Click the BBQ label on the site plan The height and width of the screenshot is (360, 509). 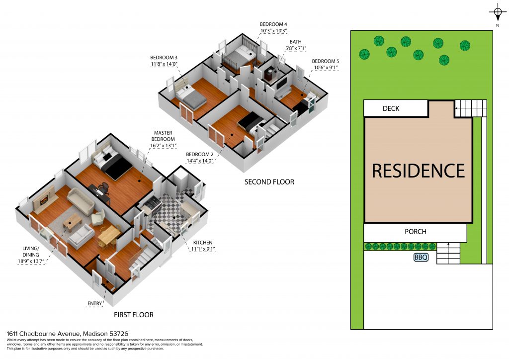coord(421,258)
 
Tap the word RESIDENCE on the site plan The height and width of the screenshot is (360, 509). coord(419,171)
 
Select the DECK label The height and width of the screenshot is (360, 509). coord(391,108)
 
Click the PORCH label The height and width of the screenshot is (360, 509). coord(415,231)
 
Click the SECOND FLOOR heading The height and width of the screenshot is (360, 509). coord(269,182)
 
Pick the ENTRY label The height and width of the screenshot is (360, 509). coord(94,303)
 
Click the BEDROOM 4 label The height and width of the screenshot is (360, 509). coord(273,24)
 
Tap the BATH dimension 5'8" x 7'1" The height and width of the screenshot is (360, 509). coord(295,48)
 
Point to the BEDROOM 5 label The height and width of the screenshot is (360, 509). coord(326,61)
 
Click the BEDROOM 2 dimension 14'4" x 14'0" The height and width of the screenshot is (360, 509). coord(199,161)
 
